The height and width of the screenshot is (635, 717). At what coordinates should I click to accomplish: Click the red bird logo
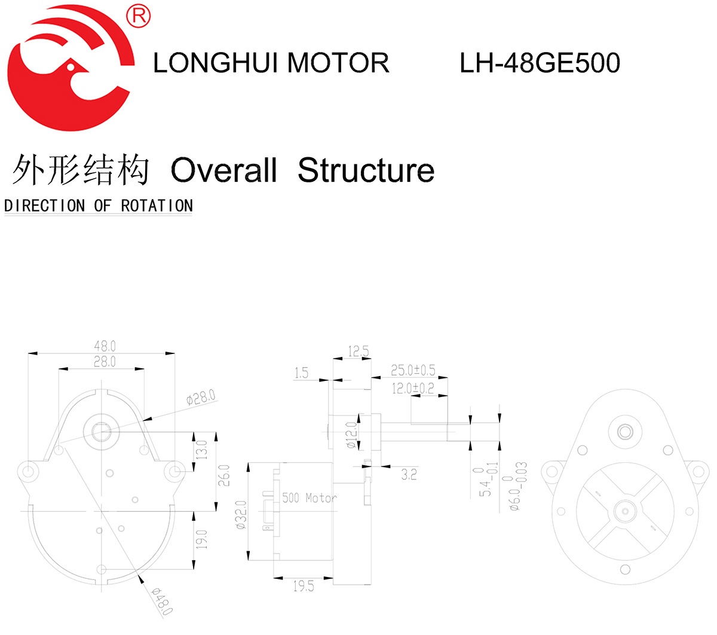pyautogui.click(x=69, y=69)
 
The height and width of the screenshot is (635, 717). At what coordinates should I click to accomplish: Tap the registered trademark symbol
pyautogui.click(x=139, y=16)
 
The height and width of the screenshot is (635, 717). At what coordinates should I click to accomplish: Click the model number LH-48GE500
pyautogui.click(x=540, y=63)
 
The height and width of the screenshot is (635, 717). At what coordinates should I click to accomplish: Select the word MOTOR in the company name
pyautogui.click(x=338, y=63)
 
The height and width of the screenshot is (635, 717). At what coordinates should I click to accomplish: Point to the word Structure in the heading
pyautogui.click(x=366, y=170)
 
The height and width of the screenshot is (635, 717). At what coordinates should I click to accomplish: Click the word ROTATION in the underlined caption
pyautogui.click(x=157, y=206)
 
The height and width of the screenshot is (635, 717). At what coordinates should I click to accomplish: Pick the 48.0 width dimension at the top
pyautogui.click(x=105, y=346)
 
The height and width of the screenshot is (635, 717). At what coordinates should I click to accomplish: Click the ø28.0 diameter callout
pyautogui.click(x=201, y=397)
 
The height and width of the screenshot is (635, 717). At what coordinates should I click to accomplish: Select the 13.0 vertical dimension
pyautogui.click(x=202, y=450)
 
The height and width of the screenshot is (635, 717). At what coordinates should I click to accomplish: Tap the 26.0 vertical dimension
pyautogui.click(x=224, y=475)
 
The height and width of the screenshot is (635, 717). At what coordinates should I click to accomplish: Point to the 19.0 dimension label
pyautogui.click(x=202, y=539)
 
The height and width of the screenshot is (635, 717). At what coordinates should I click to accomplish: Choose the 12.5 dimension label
pyautogui.click(x=358, y=352)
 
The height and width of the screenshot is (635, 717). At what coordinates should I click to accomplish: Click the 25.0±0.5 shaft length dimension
pyautogui.click(x=413, y=371)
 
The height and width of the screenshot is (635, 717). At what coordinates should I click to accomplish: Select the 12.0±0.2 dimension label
pyautogui.click(x=413, y=389)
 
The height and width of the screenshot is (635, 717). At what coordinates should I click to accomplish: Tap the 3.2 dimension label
pyautogui.click(x=409, y=475)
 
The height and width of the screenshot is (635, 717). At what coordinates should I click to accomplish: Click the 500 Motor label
pyautogui.click(x=310, y=498)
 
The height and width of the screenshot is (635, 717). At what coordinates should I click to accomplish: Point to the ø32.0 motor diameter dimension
pyautogui.click(x=241, y=515)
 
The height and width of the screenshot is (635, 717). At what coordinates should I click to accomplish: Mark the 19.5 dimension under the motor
pyautogui.click(x=304, y=587)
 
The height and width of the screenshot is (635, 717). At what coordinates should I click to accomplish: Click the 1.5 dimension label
pyautogui.click(x=301, y=373)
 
